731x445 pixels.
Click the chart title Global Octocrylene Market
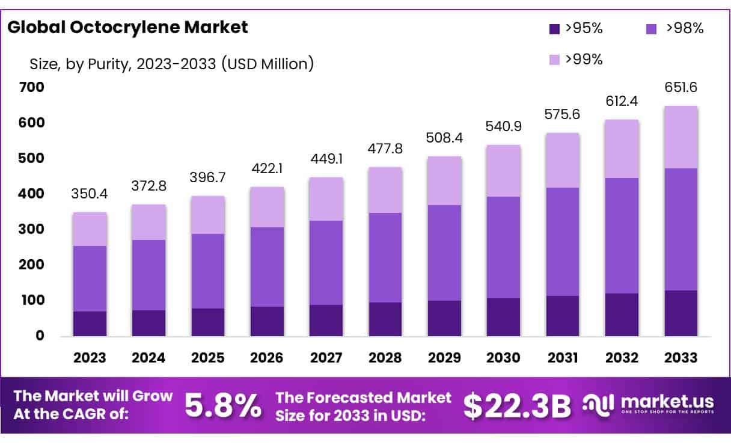click(127, 27)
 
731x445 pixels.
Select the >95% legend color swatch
click(554, 28)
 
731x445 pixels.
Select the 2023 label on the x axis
click(90, 358)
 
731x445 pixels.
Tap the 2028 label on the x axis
click(385, 358)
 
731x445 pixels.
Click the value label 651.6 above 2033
click(681, 87)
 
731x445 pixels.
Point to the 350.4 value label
click(90, 194)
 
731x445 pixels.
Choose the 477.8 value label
click(385, 149)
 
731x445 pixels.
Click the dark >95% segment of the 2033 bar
click(681, 313)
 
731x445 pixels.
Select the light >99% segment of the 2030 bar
click(504, 171)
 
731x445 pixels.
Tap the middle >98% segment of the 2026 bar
click(267, 266)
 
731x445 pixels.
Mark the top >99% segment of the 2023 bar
click(90, 229)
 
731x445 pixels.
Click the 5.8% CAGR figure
click(223, 406)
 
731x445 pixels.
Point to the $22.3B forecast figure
click(518, 406)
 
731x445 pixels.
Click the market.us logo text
click(667, 401)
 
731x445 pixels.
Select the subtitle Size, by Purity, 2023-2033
click(171, 63)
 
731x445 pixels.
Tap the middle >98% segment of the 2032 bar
click(622, 235)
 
